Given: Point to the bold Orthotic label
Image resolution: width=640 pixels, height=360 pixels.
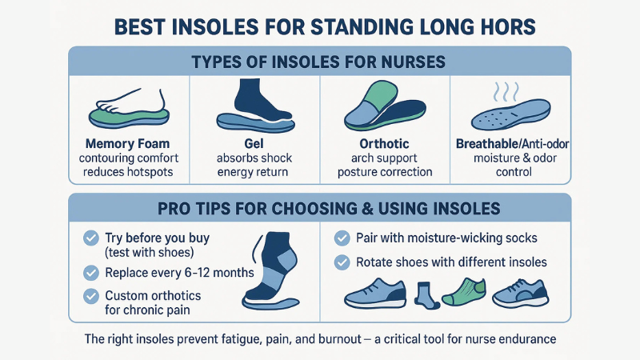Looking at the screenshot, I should [x=386, y=144].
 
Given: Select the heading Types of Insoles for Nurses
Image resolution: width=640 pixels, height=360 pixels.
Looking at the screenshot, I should [x=319, y=62].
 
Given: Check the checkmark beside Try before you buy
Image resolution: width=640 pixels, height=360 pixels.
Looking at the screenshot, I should [x=90, y=237].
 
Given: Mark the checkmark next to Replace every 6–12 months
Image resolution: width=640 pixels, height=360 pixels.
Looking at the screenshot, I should [x=90, y=272].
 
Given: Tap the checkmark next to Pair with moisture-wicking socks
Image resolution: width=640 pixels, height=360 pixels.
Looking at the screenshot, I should [x=342, y=237].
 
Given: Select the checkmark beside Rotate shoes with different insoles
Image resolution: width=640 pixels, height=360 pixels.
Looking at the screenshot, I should [x=342, y=261].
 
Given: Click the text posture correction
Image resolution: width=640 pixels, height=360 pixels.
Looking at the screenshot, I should [x=386, y=171].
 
